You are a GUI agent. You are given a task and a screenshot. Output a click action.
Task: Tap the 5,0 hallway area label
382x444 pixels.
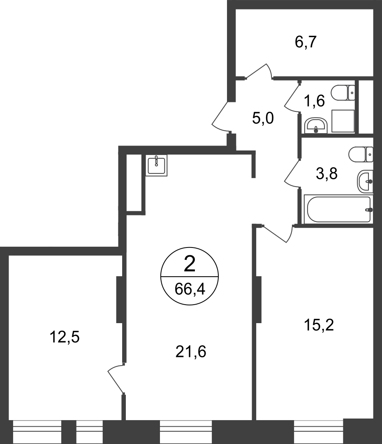pos(263,118)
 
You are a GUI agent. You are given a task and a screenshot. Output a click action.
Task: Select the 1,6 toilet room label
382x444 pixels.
pos(314,101)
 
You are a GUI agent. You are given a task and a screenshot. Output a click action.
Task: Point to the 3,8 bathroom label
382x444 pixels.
pos(326,173)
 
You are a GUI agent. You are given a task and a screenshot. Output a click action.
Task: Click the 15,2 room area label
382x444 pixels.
pos(319,325)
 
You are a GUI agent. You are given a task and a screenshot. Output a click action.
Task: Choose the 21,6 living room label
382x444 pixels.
pos(190,351)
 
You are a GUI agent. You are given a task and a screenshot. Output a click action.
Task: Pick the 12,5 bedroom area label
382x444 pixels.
pos(65,337)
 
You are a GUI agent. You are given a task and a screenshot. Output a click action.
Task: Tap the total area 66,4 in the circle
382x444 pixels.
pos(190,289)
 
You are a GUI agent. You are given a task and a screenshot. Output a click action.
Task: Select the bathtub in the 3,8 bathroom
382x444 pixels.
pos(338,210)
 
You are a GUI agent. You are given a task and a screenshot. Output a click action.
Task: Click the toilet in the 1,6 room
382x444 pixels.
pos(343,92)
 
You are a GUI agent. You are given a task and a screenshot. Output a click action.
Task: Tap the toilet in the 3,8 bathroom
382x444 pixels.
pos(361,154)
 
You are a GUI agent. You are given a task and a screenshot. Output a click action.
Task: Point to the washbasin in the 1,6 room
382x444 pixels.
pos(316,126)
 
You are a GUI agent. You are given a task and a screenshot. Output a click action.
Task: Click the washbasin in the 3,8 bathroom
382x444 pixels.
pos(365,182)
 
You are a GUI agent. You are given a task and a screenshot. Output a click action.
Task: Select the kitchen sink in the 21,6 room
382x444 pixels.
pos(156,165)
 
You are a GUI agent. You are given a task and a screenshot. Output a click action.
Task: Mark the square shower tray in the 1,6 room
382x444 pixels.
pos(343,121)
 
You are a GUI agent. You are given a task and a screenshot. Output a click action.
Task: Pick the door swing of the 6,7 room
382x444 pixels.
pos(259,71)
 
